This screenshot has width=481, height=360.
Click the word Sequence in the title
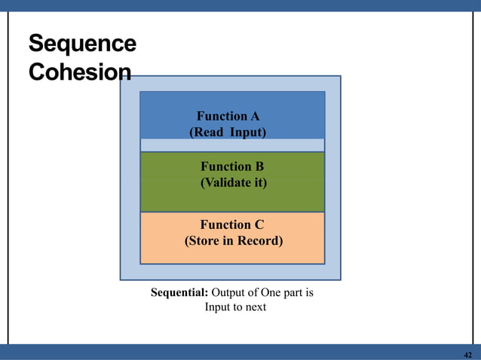click(x=82, y=44)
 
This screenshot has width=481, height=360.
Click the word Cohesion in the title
click(x=79, y=72)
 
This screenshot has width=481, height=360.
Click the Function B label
click(x=232, y=166)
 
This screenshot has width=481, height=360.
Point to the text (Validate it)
click(x=233, y=182)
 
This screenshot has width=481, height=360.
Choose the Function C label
click(x=232, y=224)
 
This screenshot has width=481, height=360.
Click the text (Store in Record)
click(x=234, y=241)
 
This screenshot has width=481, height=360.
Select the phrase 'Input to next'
click(x=235, y=307)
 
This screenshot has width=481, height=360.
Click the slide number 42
click(x=467, y=354)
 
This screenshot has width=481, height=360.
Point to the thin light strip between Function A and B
click(x=232, y=145)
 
